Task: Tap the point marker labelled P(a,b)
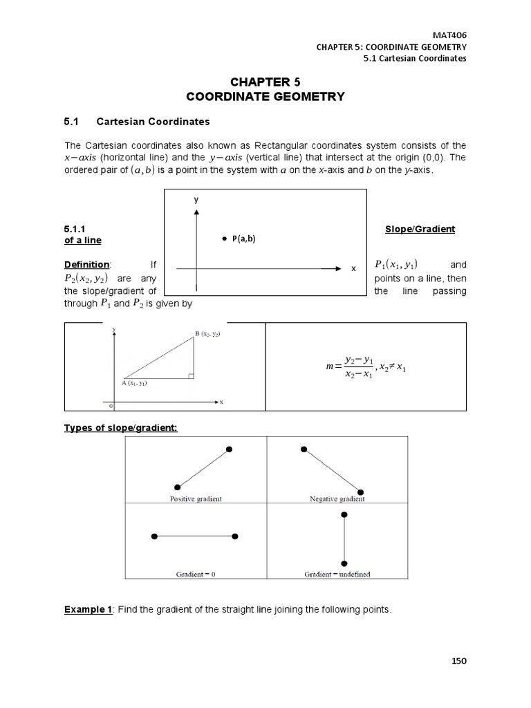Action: (x=224, y=239)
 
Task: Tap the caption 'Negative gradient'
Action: (x=335, y=499)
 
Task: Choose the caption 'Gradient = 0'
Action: (x=196, y=574)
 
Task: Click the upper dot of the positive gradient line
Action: (x=229, y=449)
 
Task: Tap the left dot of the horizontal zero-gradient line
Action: (x=154, y=536)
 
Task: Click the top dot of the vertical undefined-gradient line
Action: (x=344, y=515)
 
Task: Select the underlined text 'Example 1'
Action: (x=88, y=609)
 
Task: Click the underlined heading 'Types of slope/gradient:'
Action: (x=120, y=428)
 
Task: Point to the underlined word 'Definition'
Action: (x=86, y=265)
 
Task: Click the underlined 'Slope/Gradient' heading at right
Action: (x=419, y=229)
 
